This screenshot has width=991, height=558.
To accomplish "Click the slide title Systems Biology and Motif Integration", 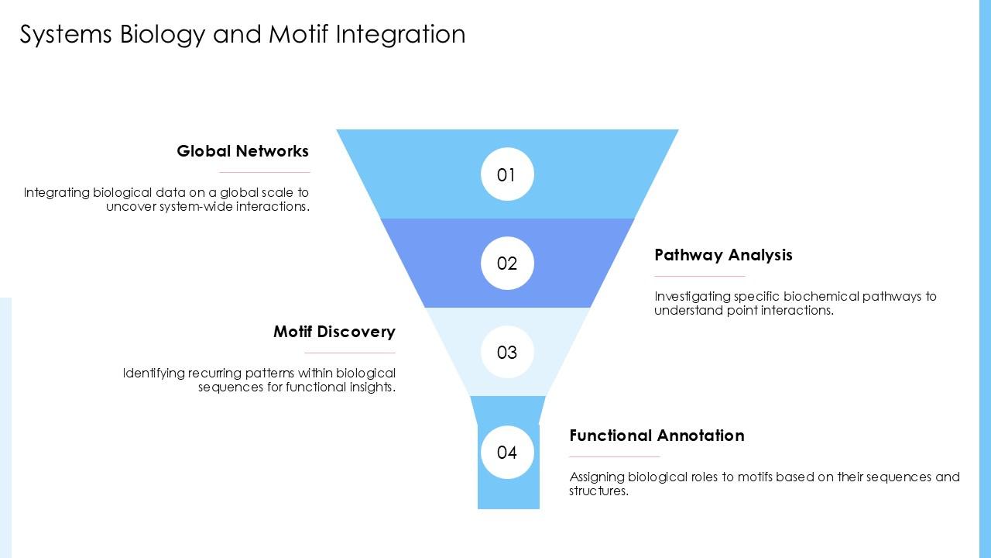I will pyautogui.click(x=242, y=35).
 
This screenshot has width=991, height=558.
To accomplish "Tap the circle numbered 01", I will pyautogui.click(x=507, y=174).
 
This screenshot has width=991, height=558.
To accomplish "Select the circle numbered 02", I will pyautogui.click(x=507, y=263).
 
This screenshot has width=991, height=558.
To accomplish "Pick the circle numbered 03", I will pyautogui.click(x=507, y=353).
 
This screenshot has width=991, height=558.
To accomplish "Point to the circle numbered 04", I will pyautogui.click(x=507, y=452).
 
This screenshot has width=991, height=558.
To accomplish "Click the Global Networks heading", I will pyautogui.click(x=242, y=151).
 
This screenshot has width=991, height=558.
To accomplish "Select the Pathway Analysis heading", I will pyautogui.click(x=723, y=255).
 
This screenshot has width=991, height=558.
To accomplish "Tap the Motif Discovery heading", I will pyautogui.click(x=334, y=332).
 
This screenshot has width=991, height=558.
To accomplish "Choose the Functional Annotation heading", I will pyautogui.click(x=657, y=436).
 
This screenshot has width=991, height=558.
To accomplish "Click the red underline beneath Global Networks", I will pyautogui.click(x=265, y=172).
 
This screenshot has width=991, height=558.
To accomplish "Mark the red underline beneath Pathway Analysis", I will pyautogui.click(x=700, y=276).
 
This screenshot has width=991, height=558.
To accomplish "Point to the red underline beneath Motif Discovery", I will pyautogui.click(x=350, y=353).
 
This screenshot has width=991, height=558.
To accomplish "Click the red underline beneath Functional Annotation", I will pyautogui.click(x=615, y=456).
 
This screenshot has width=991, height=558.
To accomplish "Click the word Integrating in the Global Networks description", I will pyautogui.click(x=57, y=193).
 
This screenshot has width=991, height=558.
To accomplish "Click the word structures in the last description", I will pyautogui.click(x=598, y=491).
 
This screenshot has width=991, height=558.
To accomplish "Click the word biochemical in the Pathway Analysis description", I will pyautogui.click(x=818, y=296).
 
